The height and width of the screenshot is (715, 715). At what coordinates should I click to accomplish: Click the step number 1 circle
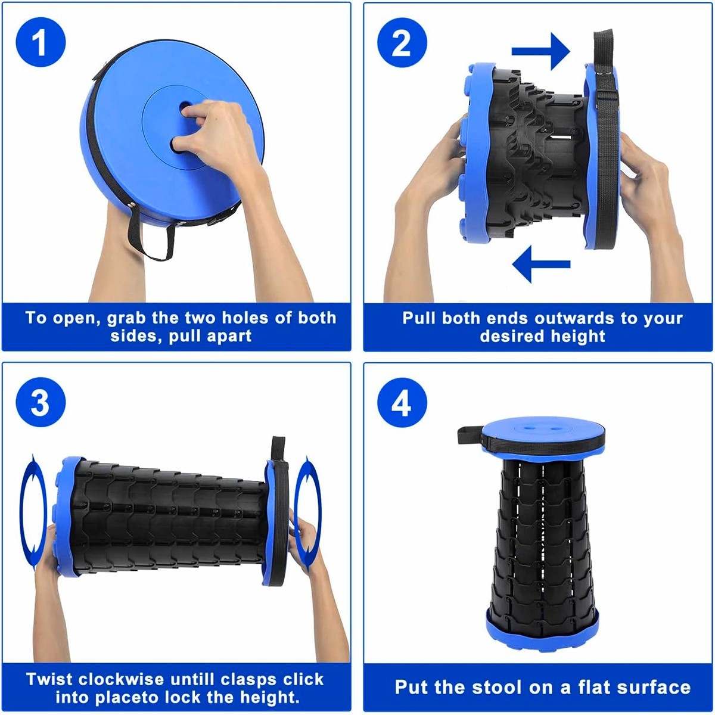click(41, 42)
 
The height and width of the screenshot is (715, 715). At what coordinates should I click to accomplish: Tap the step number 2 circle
click(402, 42)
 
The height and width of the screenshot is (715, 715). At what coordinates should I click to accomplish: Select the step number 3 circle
click(41, 403)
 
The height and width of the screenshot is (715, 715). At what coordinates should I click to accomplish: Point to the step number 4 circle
click(402, 403)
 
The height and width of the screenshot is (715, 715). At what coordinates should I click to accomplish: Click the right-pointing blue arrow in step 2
click(540, 51)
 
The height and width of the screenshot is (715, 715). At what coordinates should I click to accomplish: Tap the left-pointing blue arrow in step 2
click(541, 264)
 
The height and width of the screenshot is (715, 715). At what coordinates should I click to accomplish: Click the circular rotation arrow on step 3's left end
click(33, 512)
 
